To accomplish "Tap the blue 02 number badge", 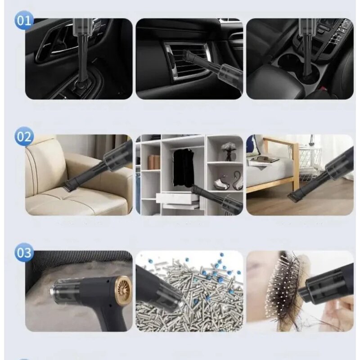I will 24,136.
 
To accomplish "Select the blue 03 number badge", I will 24,252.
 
